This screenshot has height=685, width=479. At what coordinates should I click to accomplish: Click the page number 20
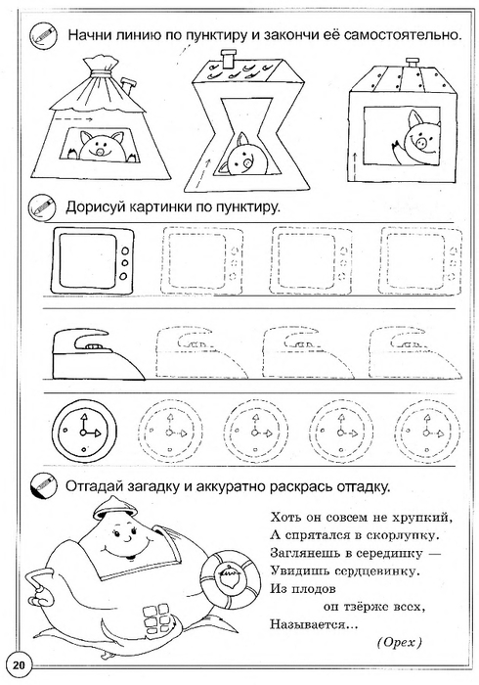(19, 665)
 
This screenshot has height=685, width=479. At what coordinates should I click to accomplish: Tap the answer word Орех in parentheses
(400, 642)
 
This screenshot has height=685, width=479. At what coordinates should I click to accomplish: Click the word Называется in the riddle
(314, 624)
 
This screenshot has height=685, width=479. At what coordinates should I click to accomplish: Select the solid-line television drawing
(93, 261)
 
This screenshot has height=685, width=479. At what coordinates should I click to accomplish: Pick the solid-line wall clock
(84, 433)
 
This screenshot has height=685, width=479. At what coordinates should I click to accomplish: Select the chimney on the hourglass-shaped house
(227, 59)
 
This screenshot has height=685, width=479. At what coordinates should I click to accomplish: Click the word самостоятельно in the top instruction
(403, 35)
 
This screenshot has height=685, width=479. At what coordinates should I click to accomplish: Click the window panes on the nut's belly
(154, 614)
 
